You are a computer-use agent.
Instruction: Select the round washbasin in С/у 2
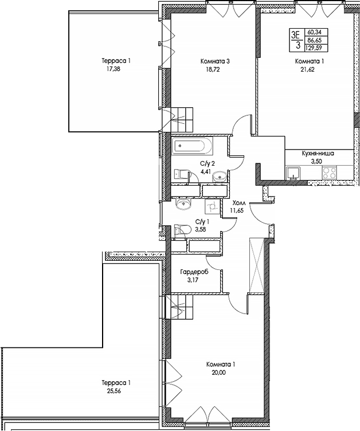(x=219, y=177)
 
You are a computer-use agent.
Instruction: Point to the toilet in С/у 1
(x=183, y=229)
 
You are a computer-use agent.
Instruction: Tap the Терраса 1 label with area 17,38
(x=112, y=61)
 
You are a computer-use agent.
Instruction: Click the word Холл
(x=238, y=203)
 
